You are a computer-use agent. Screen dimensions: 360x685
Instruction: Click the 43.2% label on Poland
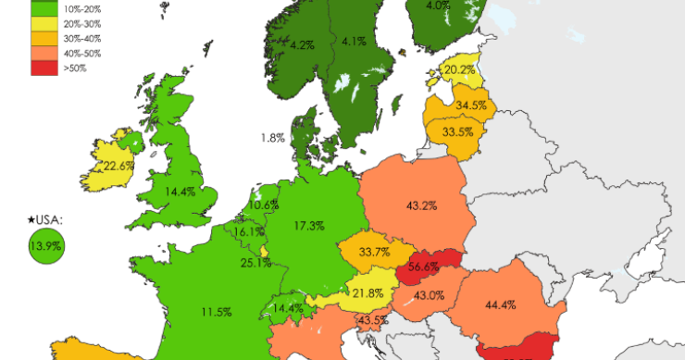422,204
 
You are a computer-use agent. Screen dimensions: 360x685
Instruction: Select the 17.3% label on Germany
308,226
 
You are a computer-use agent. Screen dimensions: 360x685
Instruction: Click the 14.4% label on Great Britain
180,192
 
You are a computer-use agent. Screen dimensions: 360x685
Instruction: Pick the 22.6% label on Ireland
118,166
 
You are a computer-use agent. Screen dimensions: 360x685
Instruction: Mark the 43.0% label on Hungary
429,295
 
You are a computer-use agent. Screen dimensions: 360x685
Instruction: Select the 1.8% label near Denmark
272,138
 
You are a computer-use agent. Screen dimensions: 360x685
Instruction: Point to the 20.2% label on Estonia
459,68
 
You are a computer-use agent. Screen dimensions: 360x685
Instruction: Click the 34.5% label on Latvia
471,106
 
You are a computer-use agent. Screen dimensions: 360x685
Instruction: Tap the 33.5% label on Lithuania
456,131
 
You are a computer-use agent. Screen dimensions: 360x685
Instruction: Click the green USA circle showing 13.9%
44,246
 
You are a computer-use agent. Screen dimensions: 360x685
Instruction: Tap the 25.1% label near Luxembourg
255,263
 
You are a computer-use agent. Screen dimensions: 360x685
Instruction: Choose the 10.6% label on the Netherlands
264,205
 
